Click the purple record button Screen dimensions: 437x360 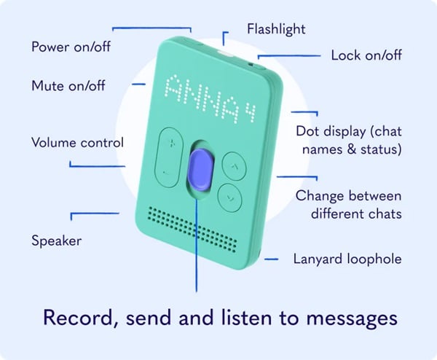pos(200,170)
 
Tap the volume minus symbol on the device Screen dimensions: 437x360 pos(166,173)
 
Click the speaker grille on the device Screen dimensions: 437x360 pos(192,230)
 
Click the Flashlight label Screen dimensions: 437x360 pos(276,29)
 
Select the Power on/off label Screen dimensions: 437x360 pos(71,47)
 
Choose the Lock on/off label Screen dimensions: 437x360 pos(366,55)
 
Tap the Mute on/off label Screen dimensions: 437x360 pos(68,85)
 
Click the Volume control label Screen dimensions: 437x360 pos(77,143)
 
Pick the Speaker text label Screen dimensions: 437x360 pos(57,240)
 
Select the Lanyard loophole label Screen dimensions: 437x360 pos(347,259)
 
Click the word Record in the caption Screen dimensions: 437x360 pos(78,318)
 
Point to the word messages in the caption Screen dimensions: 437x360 pos(352,318)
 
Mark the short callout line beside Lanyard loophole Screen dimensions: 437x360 pos(271,259)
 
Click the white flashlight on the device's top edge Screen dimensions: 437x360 pos(225,53)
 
